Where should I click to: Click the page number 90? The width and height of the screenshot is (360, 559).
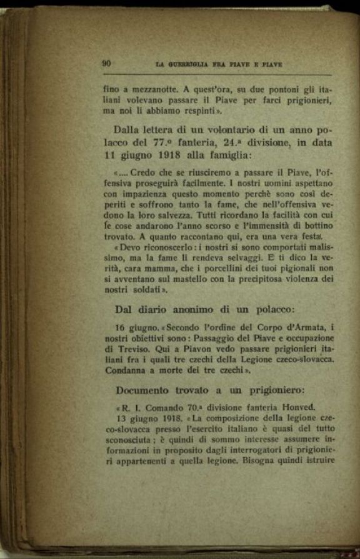pyautogui.click(x=106, y=63)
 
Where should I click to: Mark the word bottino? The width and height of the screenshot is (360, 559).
pyautogui.click(x=317, y=225)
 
